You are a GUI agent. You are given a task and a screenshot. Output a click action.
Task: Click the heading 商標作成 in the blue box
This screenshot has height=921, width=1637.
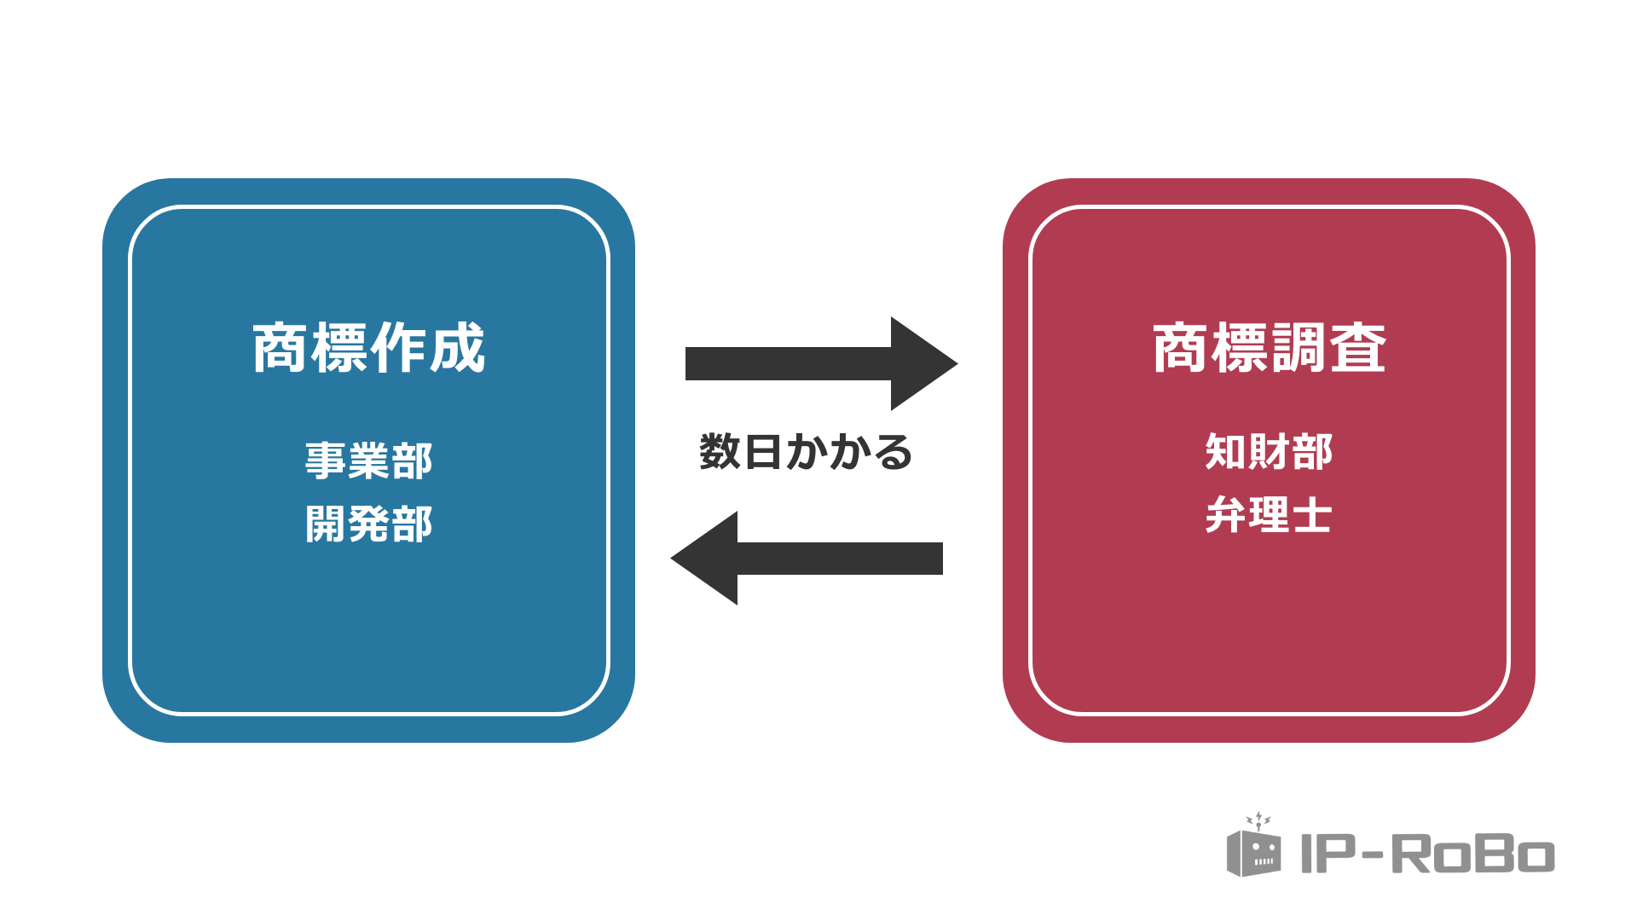coord(368,348)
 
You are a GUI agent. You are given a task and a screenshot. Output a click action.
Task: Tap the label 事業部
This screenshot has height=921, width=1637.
coord(368,460)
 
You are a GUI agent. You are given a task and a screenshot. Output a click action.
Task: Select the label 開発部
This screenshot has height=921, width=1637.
coord(368,524)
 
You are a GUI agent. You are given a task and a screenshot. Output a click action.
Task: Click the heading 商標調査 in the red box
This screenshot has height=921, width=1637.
coord(1269,348)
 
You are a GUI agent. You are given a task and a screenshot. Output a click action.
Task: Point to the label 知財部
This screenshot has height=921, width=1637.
coord(1269,452)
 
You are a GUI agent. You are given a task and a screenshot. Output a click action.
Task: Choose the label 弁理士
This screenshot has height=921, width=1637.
coord(1269,515)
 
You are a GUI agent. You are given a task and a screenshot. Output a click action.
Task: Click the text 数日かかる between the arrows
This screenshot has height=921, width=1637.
coord(805,452)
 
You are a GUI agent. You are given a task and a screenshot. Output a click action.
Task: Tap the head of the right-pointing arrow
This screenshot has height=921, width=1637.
coord(921,363)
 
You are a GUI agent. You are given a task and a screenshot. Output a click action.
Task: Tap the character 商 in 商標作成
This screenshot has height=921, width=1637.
coord(280,348)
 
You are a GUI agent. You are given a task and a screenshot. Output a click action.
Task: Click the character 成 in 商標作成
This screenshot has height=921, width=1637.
coord(458,348)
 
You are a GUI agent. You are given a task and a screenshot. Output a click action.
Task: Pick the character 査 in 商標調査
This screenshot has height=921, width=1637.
coord(1358,348)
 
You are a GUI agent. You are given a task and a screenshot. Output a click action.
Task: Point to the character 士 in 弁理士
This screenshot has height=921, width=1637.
coord(1311,515)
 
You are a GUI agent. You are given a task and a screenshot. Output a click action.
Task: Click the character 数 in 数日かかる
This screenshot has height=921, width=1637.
coord(720,452)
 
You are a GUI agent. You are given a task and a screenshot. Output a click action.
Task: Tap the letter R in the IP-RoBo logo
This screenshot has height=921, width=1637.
coord(1411,854)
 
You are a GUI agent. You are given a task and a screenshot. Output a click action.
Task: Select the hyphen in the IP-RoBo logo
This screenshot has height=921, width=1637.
coord(1373,854)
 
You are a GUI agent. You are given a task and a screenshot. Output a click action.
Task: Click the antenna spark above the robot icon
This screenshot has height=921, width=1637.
coord(1258,820)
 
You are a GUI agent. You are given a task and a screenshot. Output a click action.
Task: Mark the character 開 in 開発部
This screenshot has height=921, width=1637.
coord(326,524)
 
